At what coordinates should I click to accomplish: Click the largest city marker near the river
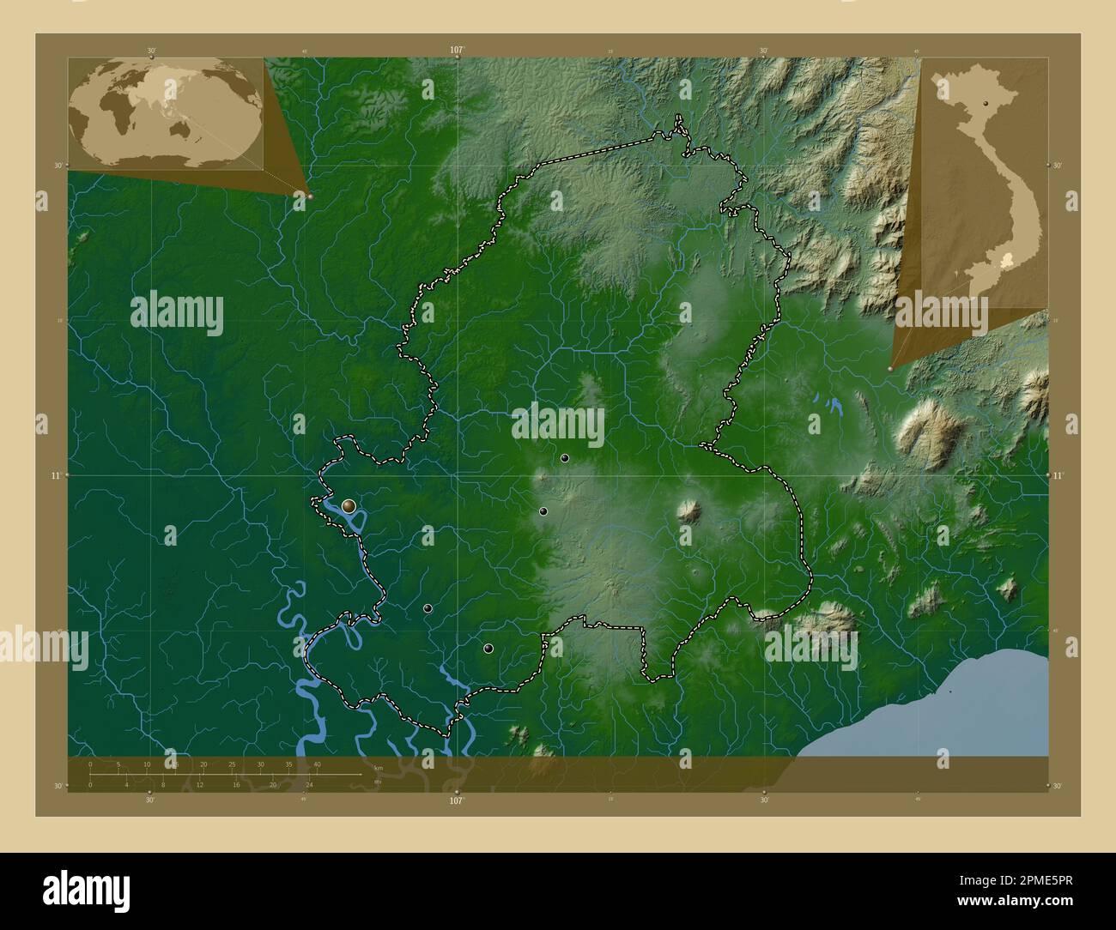click(349, 506)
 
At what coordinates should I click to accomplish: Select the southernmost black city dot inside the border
click(488, 649)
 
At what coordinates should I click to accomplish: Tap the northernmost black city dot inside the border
click(565, 458)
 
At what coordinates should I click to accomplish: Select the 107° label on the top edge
click(457, 51)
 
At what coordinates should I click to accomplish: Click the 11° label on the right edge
click(1058, 474)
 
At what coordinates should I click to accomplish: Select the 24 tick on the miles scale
click(309, 784)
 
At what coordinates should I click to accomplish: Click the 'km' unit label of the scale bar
click(378, 768)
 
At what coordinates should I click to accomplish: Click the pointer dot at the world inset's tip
click(310, 196)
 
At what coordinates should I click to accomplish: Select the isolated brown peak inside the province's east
click(688, 512)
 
